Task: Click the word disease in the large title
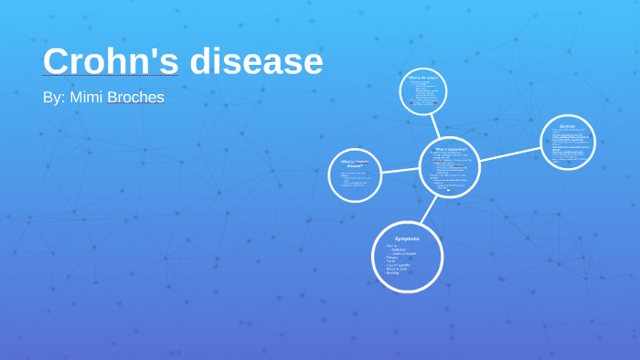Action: [x=257, y=61]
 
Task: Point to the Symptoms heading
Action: [x=407, y=238]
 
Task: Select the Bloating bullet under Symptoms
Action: [x=392, y=274]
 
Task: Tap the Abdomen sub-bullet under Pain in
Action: [x=398, y=249]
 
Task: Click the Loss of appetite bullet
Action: [x=397, y=266]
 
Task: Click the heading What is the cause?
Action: [x=425, y=79]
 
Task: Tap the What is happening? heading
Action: [x=450, y=148]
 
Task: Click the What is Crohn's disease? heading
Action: [x=355, y=163]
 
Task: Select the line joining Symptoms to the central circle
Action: [x=427, y=208]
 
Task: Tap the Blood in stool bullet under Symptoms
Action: [x=397, y=270]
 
